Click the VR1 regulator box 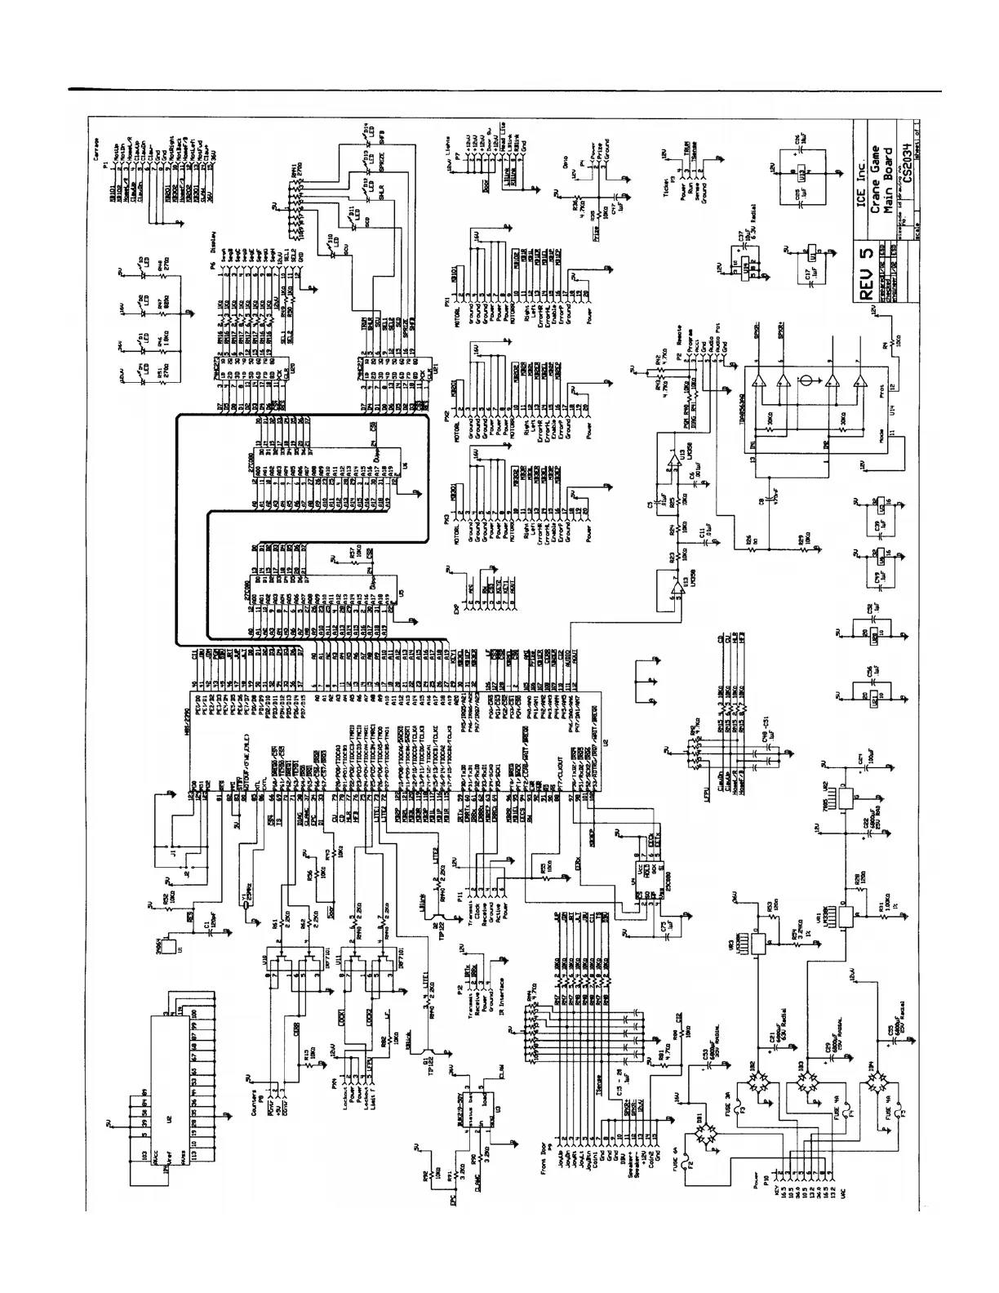[x=846, y=919]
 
